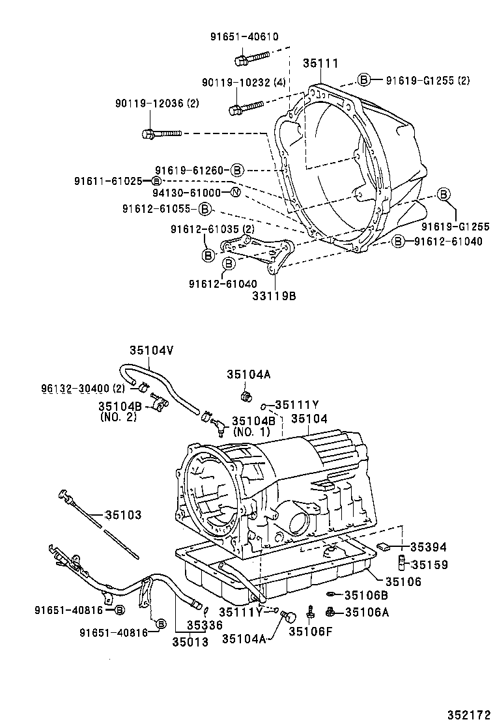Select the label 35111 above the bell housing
pyautogui.click(x=320, y=63)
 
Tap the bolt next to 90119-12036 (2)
pyautogui.click(x=160, y=134)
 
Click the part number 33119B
pyautogui.click(x=274, y=296)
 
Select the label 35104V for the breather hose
pyautogui.click(x=151, y=350)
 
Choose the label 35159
pyautogui.click(x=429, y=565)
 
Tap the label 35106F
pyautogui.click(x=311, y=631)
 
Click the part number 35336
pyautogui.click(x=205, y=625)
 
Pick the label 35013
pyautogui.click(x=190, y=642)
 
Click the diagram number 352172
pyautogui.click(x=466, y=714)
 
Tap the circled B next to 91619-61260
pyautogui.click(x=236, y=170)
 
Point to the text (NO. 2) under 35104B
pyautogui.click(x=119, y=417)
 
